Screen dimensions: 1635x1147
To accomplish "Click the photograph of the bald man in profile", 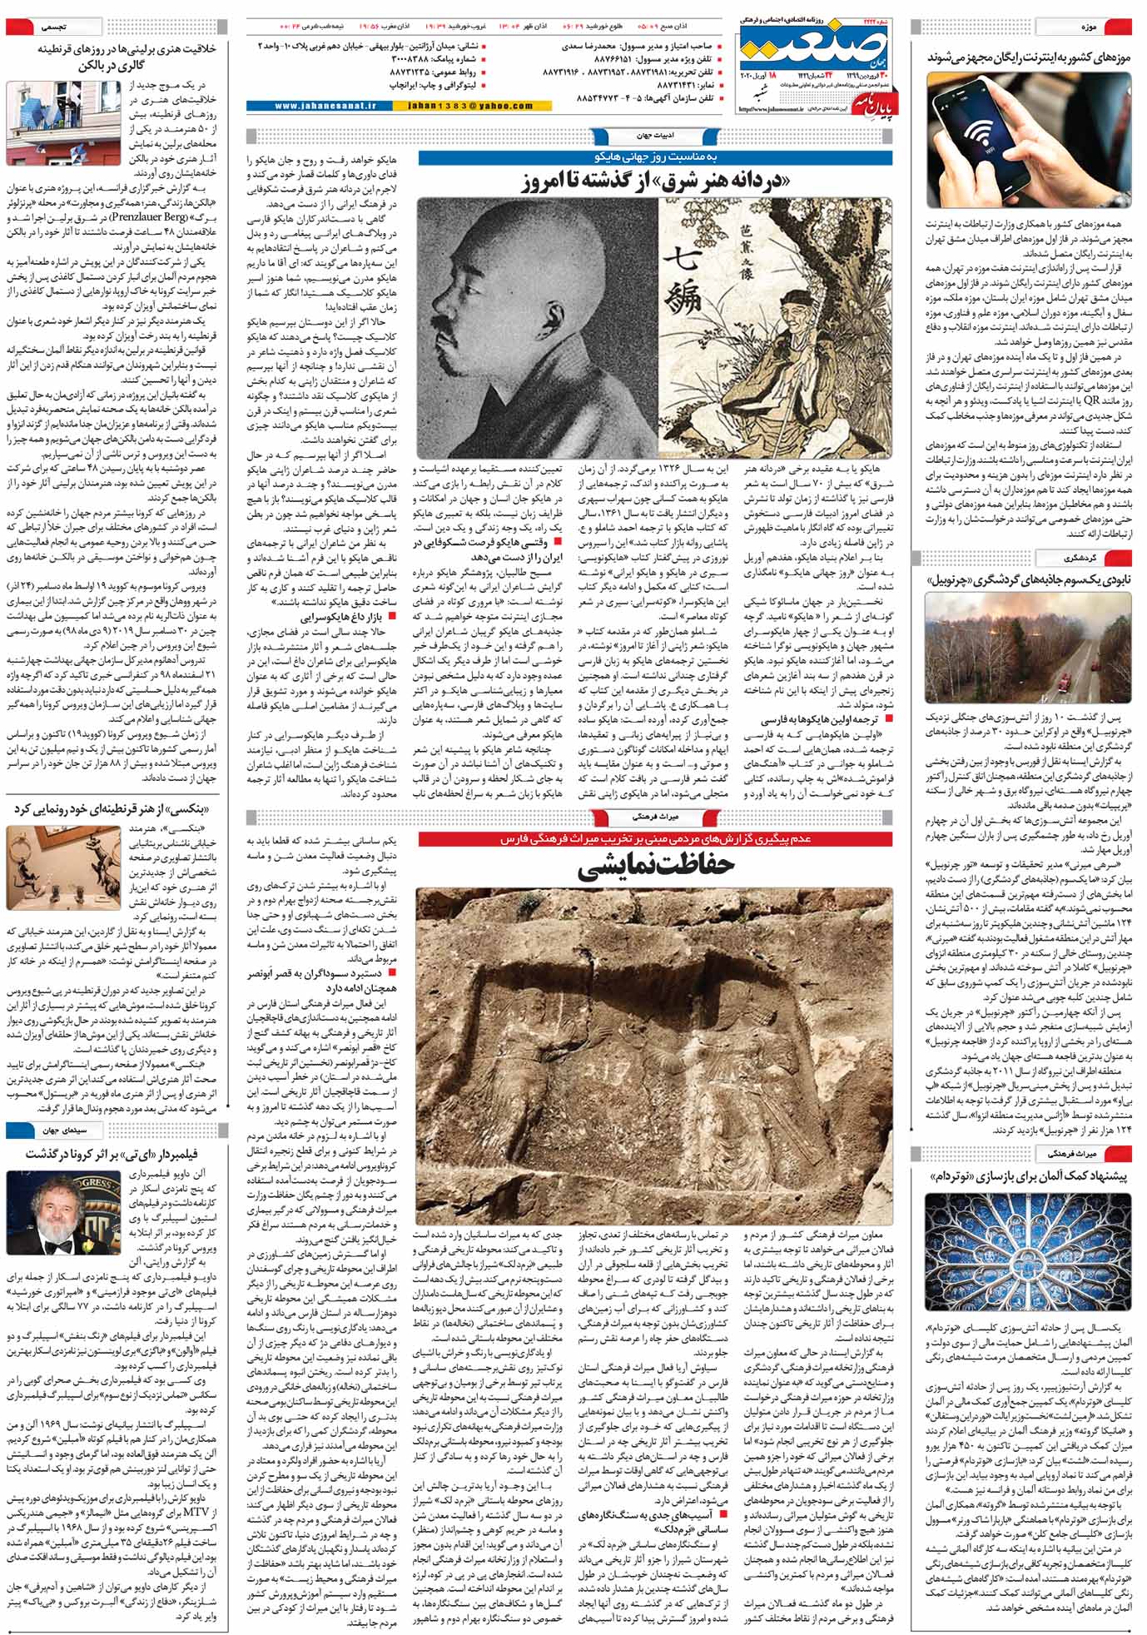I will [x=538, y=326].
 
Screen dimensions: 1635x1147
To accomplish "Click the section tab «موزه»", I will [x=1090, y=27].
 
